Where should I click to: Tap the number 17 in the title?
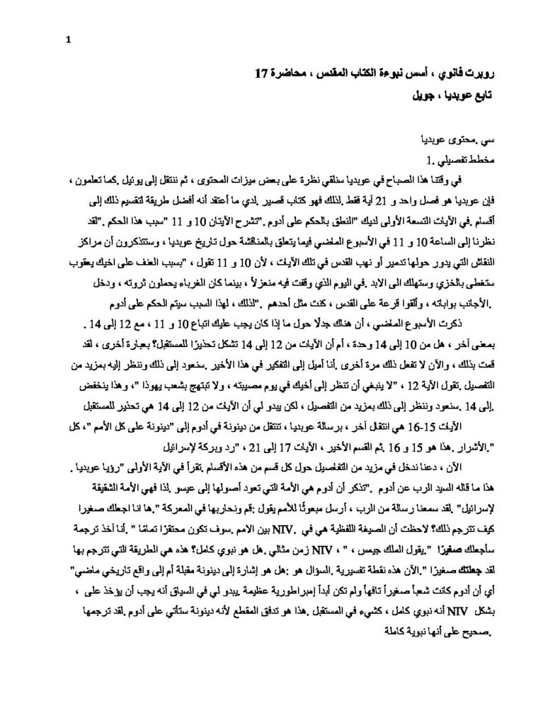click(x=262, y=73)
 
